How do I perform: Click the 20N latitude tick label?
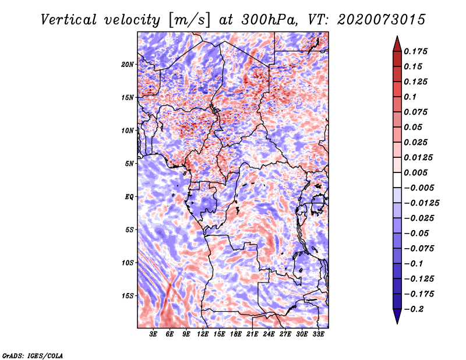128,65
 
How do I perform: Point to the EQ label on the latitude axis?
129,197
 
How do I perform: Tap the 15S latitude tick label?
128,296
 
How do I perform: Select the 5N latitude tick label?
129,164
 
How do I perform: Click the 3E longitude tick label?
153,334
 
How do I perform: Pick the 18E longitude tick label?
236,334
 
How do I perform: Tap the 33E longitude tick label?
318,334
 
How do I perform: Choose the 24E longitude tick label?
269,334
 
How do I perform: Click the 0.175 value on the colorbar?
415,51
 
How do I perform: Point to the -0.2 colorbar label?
414,309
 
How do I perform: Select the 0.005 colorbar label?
415,172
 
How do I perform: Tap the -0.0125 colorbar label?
421,203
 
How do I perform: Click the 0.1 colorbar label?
410,97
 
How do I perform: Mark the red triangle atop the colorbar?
397,44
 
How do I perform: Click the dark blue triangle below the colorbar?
397,316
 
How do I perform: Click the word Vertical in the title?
68,20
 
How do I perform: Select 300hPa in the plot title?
269,20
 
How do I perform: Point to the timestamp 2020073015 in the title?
382,20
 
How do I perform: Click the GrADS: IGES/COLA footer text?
33,355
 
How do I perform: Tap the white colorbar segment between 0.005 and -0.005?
397,180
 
